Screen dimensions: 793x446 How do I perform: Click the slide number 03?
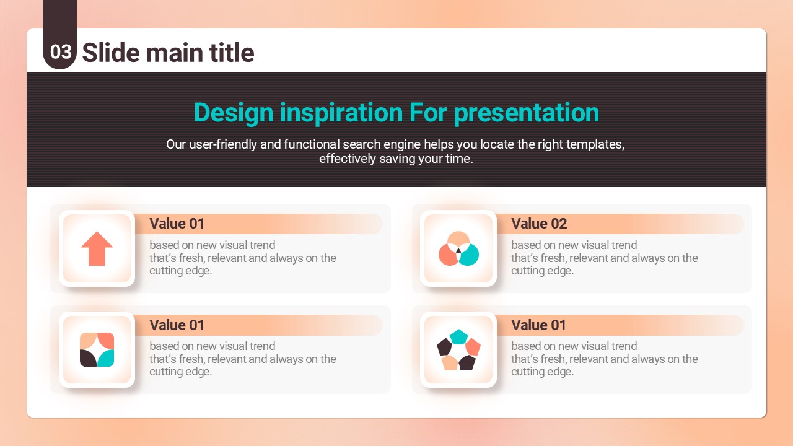pyautogui.click(x=61, y=52)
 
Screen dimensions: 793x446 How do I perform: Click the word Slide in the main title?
pyautogui.click(x=110, y=53)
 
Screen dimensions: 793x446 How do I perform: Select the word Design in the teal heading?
pyautogui.click(x=234, y=113)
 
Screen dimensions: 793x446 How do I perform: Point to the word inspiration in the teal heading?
pyautogui.click(x=341, y=113)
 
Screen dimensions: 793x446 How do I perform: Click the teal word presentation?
pyautogui.click(x=527, y=113)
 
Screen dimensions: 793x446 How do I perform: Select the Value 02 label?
pyautogui.click(x=539, y=224)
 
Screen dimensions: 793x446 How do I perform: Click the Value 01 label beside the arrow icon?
pyautogui.click(x=177, y=224)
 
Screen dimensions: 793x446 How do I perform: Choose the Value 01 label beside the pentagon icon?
pyautogui.click(x=538, y=325)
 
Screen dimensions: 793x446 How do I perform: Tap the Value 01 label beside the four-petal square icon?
pyautogui.click(x=177, y=325)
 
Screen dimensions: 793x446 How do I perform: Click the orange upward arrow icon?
pyautogui.click(x=97, y=248)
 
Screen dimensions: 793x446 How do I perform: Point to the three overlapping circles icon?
pyautogui.click(x=458, y=248)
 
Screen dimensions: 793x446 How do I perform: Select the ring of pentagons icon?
pyautogui.click(x=458, y=350)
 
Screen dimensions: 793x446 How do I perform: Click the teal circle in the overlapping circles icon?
pyautogui.click(x=470, y=255)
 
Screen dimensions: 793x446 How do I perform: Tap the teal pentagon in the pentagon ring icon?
pyautogui.click(x=458, y=336)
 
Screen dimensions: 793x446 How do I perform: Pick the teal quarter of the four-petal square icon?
pyautogui.click(x=106, y=358)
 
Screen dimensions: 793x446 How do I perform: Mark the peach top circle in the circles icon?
pyautogui.click(x=458, y=239)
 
